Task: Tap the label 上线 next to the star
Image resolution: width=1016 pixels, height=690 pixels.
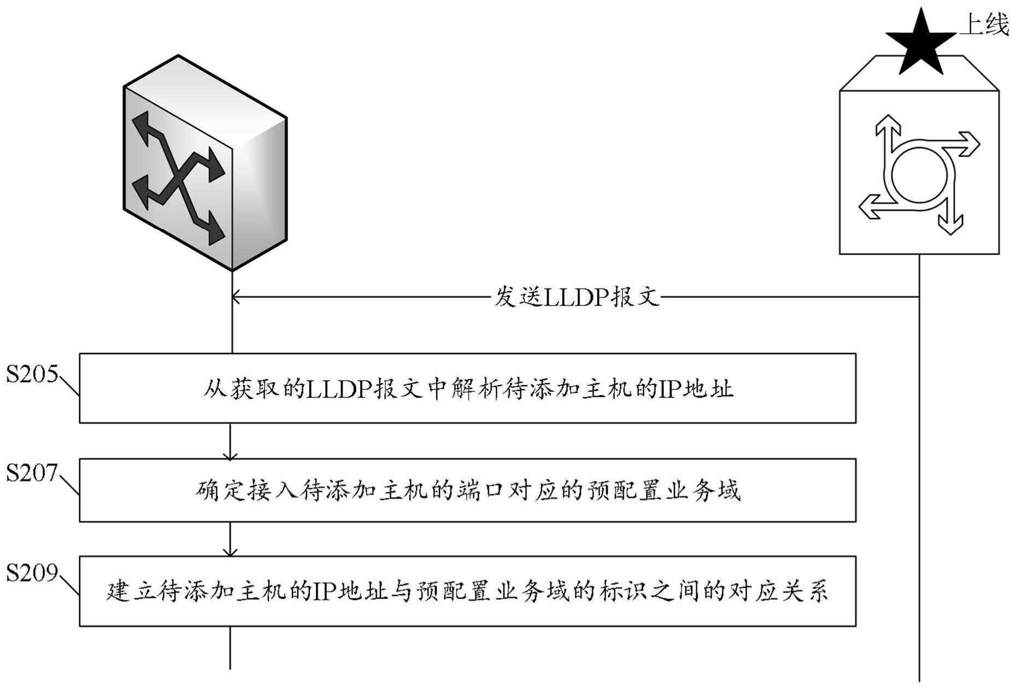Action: [984, 25]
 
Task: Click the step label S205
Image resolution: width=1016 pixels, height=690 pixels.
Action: [32, 374]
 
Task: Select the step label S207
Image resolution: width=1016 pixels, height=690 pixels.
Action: [32, 473]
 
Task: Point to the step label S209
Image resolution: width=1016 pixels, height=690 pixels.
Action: [32, 573]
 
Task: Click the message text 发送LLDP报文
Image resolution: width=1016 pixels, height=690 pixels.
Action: [577, 297]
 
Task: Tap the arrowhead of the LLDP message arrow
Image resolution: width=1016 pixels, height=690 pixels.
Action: [236, 297]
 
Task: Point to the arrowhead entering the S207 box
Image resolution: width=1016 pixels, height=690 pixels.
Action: [230, 456]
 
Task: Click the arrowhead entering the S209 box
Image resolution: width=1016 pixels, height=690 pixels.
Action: [230, 553]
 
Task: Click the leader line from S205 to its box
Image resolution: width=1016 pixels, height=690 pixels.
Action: [68, 385]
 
